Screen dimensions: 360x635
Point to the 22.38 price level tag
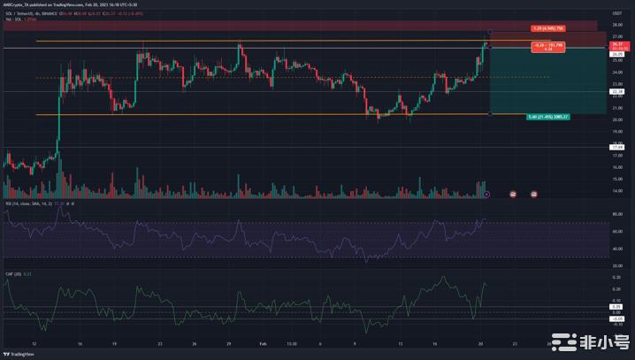618,91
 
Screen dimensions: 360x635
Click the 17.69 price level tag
618,147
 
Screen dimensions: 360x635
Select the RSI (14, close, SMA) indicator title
27,203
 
